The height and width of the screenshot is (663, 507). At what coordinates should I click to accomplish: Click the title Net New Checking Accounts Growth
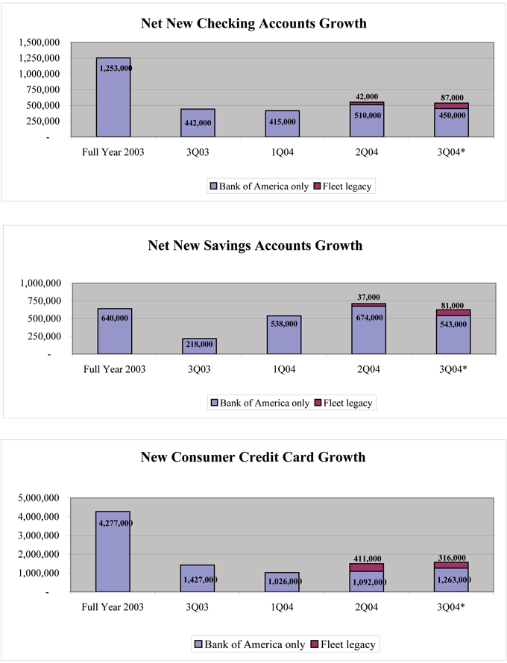coord(253,23)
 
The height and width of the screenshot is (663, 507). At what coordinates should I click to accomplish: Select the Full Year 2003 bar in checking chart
coord(113,97)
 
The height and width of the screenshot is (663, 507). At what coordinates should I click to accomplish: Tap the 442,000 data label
coord(198,122)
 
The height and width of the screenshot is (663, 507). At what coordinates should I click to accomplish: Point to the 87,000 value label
coord(452,98)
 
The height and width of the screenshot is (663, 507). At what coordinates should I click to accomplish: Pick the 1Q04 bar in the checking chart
coord(282,124)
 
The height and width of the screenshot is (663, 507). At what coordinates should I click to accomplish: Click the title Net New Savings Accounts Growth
coord(253,245)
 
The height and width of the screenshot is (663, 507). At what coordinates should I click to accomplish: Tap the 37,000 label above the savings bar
coord(368,297)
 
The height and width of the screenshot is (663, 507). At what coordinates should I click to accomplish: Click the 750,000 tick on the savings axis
coord(42,301)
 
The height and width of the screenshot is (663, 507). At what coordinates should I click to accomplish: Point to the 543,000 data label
coord(452,325)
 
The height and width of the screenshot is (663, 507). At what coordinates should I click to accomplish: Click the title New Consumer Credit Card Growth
coord(253,456)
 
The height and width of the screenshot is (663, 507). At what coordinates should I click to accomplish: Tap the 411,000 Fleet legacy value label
coord(368,559)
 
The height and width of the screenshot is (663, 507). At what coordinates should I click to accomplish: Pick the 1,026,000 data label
coord(282,581)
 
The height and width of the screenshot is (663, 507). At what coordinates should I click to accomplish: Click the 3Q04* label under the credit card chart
coord(452,606)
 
